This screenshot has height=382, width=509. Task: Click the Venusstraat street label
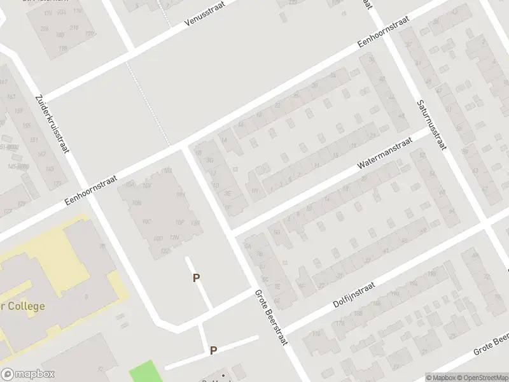click(x=205, y=13)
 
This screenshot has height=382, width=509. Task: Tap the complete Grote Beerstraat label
click(x=272, y=318)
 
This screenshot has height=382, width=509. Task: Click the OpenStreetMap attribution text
click(x=481, y=378)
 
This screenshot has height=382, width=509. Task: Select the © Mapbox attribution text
click(x=440, y=378)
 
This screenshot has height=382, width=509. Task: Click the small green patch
click(x=143, y=371)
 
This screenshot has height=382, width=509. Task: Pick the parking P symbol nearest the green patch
click(x=214, y=350)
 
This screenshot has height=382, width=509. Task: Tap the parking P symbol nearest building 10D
click(x=197, y=278)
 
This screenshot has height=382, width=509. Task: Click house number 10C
click(x=147, y=222)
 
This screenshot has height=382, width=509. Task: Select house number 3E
click(x=227, y=193)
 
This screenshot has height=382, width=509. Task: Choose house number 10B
click(x=135, y=203)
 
